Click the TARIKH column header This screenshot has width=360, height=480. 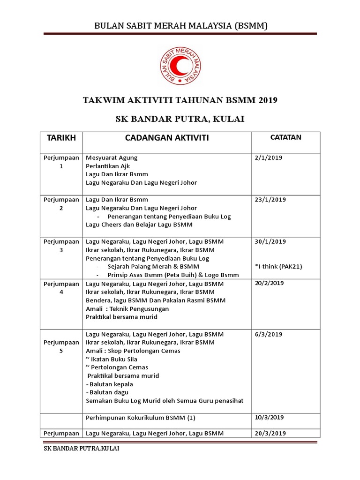click(x=60, y=138)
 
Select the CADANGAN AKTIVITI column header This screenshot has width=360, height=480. click(x=167, y=138)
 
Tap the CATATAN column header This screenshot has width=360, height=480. click(x=285, y=137)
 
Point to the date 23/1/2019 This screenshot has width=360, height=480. click(x=270, y=200)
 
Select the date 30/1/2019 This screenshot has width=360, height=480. click(x=270, y=241)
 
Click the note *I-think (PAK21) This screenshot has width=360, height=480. click(x=278, y=267)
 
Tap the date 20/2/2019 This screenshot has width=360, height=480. click(x=270, y=283)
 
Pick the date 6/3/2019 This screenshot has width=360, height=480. click(x=268, y=334)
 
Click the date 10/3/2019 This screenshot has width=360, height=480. click(x=270, y=417)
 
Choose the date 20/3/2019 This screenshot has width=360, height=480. click(x=270, y=433)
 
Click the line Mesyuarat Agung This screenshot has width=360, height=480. click(x=112, y=157)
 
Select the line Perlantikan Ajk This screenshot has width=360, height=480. click(x=108, y=166)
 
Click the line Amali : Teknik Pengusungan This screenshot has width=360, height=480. click(x=127, y=309)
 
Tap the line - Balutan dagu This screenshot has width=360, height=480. click(x=107, y=392)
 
